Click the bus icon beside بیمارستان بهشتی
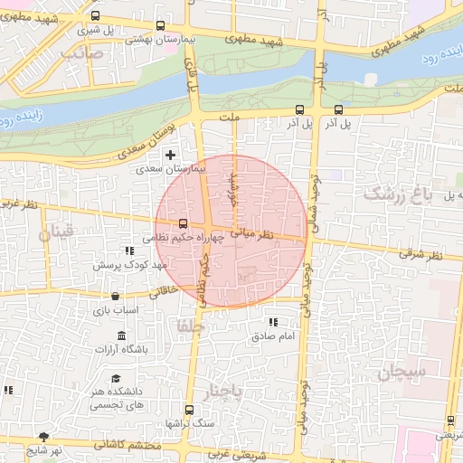click(161, 26)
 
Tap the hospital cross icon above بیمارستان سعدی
click(169, 156)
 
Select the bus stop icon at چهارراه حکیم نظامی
click(184, 223)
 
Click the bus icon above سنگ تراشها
click(188, 410)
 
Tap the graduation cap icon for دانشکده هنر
click(116, 379)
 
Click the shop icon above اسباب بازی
click(115, 297)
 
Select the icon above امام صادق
click(273, 322)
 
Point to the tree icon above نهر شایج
click(43, 437)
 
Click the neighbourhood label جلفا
click(193, 325)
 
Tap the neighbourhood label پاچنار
click(225, 392)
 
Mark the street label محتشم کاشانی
click(133, 445)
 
